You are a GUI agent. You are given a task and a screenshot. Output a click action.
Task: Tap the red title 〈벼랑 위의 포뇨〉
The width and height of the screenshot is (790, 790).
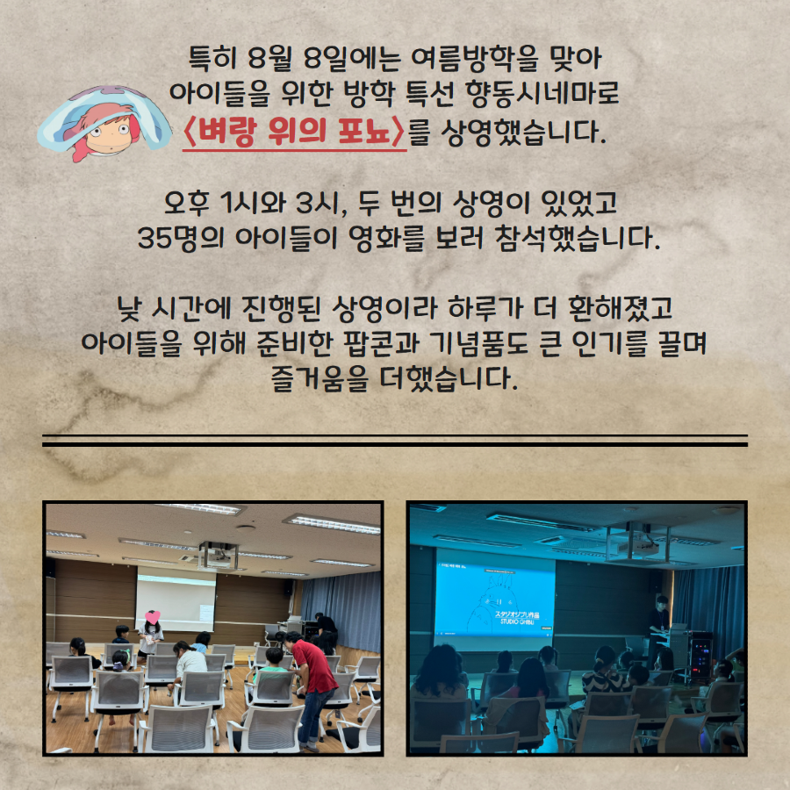tap(294, 132)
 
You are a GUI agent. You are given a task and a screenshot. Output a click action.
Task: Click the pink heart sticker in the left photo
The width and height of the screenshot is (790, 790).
tap(152, 617)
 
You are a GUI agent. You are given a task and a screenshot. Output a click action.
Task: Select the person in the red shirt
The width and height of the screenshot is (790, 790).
tap(312, 690)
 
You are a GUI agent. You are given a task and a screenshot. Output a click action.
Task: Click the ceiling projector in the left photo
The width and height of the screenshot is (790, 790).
tap(218, 555)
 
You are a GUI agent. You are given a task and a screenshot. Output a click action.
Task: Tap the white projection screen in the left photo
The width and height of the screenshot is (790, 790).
tap(176, 600)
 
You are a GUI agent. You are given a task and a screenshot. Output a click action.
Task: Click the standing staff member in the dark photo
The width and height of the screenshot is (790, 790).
tap(658, 629)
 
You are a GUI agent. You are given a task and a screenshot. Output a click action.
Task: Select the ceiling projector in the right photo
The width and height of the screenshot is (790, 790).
tap(638, 543)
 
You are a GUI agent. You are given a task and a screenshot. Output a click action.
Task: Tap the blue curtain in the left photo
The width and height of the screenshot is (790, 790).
tap(341, 611)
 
